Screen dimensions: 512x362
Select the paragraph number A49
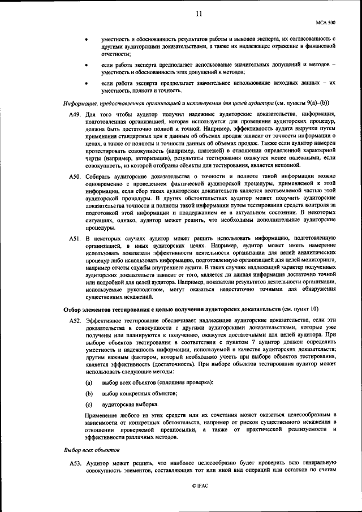point(74,114)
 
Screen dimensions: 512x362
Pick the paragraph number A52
point(74,320)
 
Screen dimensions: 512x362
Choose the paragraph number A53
point(74,463)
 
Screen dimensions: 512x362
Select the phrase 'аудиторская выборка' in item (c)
point(130,405)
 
